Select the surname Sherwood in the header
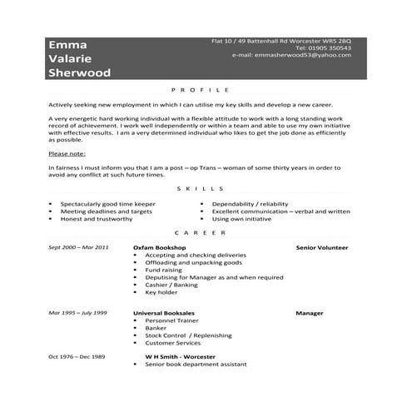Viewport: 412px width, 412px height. point(79,73)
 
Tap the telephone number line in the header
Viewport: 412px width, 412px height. point(321,47)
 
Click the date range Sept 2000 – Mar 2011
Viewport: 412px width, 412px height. point(78,248)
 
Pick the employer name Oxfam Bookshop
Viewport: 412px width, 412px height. point(160,248)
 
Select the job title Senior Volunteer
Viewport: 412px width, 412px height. point(322,248)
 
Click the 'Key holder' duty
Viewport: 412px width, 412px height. point(162,292)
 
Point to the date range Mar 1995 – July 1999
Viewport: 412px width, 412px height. point(77,313)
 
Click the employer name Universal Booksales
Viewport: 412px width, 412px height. point(166,313)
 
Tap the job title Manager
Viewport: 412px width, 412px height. point(309,313)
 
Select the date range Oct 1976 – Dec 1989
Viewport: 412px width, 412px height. point(76,356)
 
